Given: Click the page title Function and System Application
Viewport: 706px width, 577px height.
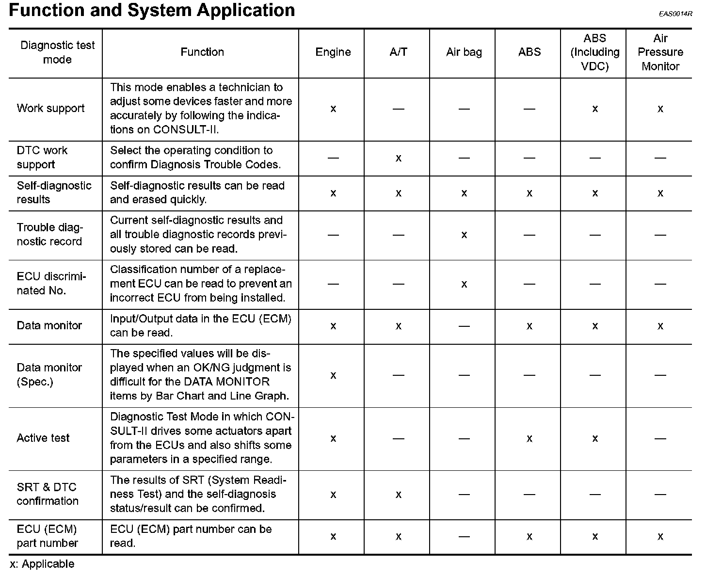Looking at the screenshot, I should pyautogui.click(x=152, y=10).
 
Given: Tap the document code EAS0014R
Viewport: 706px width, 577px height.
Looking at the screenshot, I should pyautogui.click(x=675, y=14).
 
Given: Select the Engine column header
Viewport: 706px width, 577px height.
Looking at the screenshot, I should pyautogui.click(x=333, y=52).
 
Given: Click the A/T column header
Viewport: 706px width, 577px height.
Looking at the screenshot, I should pyautogui.click(x=398, y=52).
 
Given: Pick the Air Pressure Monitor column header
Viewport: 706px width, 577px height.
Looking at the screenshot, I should pyautogui.click(x=660, y=52).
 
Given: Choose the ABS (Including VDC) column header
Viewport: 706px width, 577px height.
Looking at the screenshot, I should pyautogui.click(x=594, y=52).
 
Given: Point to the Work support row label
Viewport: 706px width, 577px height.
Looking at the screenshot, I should pyautogui.click(x=51, y=109).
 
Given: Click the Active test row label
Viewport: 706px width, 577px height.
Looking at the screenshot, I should pyautogui.click(x=43, y=438).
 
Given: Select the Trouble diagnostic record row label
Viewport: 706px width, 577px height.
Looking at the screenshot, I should pyautogui.click(x=50, y=235).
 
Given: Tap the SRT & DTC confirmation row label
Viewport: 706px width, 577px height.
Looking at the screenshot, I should pyautogui.click(x=48, y=494).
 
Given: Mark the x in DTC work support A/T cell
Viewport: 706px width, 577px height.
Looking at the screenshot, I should pyautogui.click(x=398, y=158).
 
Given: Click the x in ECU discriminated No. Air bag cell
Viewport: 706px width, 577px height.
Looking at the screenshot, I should pyautogui.click(x=464, y=284).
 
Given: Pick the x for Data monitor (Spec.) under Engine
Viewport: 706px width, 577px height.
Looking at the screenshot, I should pyautogui.click(x=333, y=375).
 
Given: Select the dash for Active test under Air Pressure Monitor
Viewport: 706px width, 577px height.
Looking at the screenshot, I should pyautogui.click(x=660, y=438).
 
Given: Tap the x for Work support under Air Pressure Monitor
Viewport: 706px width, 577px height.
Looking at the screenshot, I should pyautogui.click(x=660, y=109).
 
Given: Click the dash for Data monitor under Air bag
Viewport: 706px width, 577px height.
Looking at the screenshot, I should pyautogui.click(x=464, y=326).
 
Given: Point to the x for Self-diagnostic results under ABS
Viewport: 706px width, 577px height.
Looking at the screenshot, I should pyautogui.click(x=529, y=193).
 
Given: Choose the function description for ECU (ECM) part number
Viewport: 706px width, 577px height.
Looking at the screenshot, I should pyautogui.click(x=191, y=536).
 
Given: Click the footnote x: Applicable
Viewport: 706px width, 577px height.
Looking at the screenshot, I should pyautogui.click(x=42, y=564).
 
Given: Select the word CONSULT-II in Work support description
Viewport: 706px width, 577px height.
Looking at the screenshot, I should pyautogui.click(x=186, y=130).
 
